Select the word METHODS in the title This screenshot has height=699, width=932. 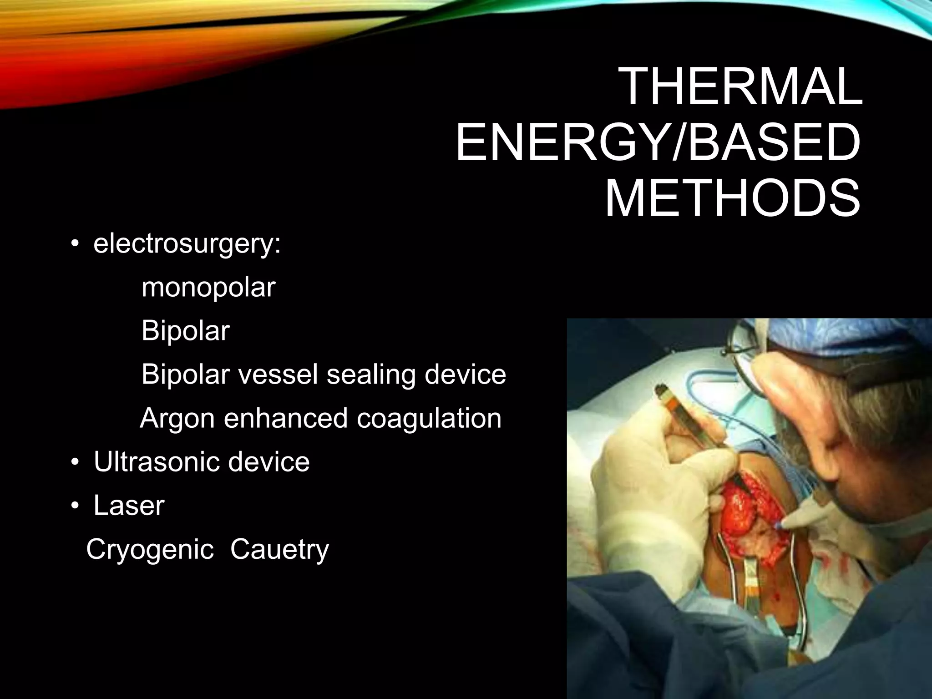pyautogui.click(x=732, y=198)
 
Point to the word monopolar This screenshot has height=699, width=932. pyautogui.click(x=208, y=288)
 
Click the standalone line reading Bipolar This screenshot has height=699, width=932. pyautogui.click(x=185, y=331)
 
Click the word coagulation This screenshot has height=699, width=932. pyautogui.click(x=429, y=418)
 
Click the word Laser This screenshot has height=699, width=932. pyautogui.click(x=128, y=505)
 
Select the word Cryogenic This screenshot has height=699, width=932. pyautogui.click(x=150, y=549)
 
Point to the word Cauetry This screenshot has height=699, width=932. pyautogui.click(x=279, y=549)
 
